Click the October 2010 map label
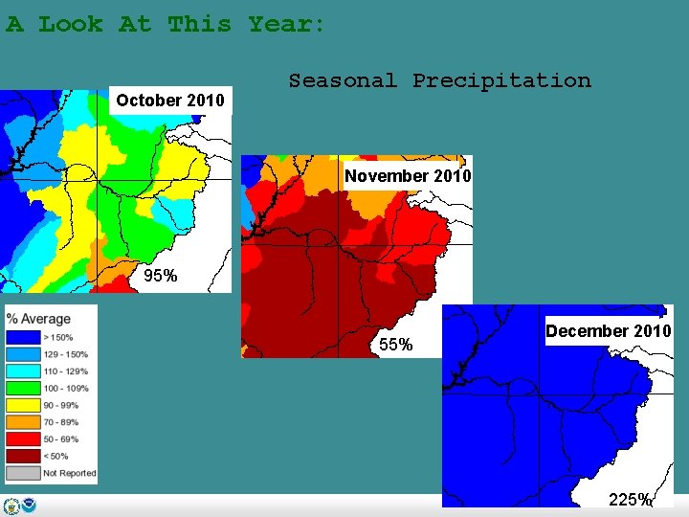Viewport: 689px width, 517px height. (x=170, y=101)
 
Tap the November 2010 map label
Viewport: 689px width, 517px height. (x=408, y=176)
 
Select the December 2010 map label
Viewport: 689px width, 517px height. (x=609, y=331)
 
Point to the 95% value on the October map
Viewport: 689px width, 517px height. (x=160, y=277)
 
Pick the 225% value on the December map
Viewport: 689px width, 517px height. (x=631, y=499)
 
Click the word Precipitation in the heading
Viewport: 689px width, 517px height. (x=501, y=81)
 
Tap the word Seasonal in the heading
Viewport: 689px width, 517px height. (x=343, y=81)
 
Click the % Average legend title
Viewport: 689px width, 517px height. (x=38, y=319)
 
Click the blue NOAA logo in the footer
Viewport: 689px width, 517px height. (x=30, y=506)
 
